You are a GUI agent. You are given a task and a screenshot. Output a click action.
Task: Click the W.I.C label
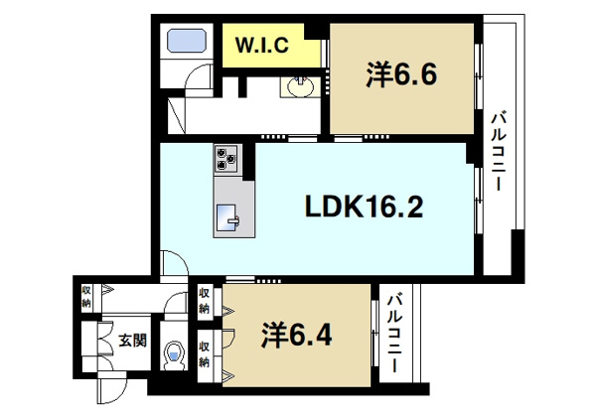tap(262, 46)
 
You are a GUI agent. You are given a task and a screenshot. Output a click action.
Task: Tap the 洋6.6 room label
tap(401, 74)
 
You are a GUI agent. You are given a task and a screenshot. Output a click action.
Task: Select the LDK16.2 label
tap(365, 208)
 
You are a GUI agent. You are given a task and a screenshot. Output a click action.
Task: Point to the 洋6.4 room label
tap(296, 336)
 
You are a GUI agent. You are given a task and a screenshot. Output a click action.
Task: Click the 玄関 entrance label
tap(133, 340)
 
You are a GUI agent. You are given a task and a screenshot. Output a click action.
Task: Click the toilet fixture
tap(174, 355)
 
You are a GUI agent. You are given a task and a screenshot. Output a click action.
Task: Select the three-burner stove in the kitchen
tap(226, 158)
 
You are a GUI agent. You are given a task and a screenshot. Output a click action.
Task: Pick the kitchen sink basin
tap(227, 218)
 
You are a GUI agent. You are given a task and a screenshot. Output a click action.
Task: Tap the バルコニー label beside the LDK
tap(499, 151)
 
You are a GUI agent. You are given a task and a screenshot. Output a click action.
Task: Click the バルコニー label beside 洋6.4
tap(394, 333)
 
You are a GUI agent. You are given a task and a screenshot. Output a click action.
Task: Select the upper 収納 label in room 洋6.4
tap(204, 301)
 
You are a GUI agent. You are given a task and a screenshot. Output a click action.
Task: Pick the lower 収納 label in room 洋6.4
tap(204, 355)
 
